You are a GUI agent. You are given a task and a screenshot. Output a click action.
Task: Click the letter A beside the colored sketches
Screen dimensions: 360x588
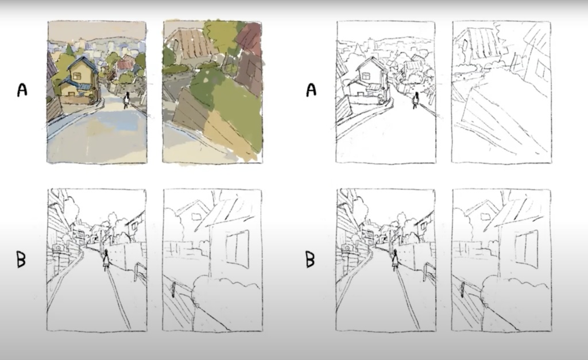(22, 90)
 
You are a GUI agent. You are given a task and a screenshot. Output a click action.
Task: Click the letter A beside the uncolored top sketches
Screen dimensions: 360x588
(311, 90)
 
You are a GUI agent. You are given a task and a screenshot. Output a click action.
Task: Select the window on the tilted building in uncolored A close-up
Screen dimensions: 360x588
(540, 69)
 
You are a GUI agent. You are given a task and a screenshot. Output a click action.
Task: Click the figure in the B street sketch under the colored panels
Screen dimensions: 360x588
(106, 260)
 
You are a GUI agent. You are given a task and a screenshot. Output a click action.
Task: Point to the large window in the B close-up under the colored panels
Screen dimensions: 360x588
(237, 249)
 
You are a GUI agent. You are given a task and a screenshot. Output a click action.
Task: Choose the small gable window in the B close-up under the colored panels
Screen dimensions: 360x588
(197, 216)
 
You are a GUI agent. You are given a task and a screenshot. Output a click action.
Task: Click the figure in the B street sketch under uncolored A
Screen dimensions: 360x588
(394, 260)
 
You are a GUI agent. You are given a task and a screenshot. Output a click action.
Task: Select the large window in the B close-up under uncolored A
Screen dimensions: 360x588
(526, 249)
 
